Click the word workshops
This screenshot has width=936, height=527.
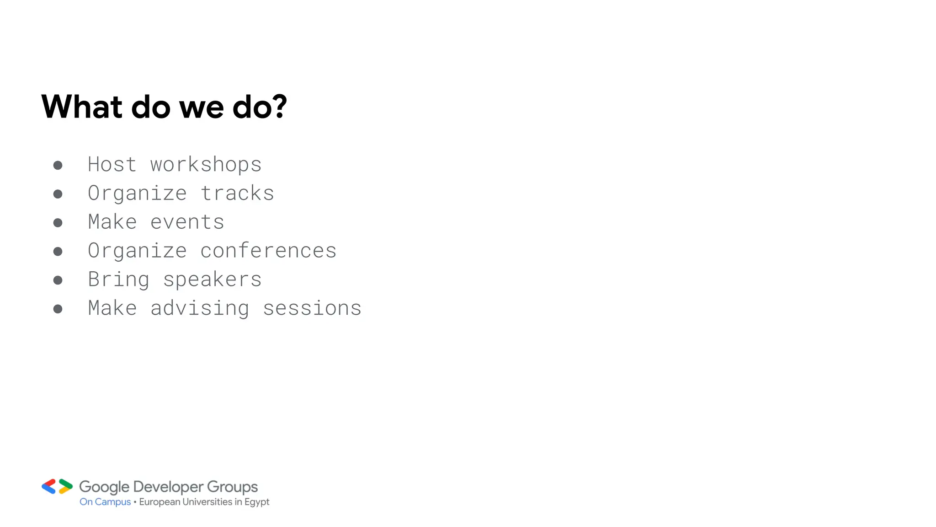coord(206,165)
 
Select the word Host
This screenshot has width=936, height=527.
coord(112,164)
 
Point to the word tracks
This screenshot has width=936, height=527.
coord(237,193)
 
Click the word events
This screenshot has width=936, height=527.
coord(187,222)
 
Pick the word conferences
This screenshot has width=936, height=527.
coord(268,251)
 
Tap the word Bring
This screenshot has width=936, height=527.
coord(118,280)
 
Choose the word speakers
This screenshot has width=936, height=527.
coord(212,280)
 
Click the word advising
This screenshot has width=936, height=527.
coord(200,308)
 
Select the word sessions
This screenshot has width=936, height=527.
coord(312,308)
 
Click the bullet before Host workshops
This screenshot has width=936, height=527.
coord(58,165)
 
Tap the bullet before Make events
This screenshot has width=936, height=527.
coord(58,223)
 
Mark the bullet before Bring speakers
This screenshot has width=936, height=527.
coord(58,280)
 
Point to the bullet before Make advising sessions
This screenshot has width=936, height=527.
coord(58,309)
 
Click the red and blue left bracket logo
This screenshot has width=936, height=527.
coord(49,486)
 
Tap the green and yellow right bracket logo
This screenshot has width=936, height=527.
coord(65,486)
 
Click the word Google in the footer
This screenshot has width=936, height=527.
coord(104,487)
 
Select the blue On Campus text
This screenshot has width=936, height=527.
coord(105,502)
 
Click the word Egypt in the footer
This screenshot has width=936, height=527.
coord(257,502)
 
